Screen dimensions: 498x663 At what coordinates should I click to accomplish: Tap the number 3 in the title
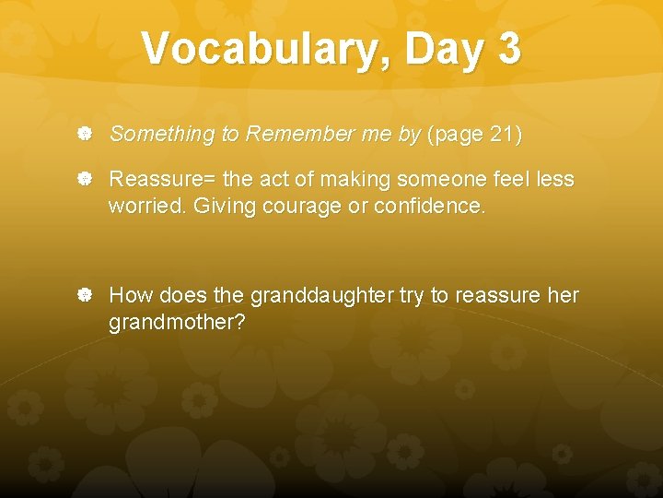(507, 48)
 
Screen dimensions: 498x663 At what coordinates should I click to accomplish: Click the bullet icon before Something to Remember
(84, 135)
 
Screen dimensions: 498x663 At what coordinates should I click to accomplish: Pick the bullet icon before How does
(84, 296)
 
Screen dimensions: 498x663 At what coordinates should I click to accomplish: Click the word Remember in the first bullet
(295, 135)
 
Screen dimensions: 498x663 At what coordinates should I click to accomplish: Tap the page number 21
(501, 135)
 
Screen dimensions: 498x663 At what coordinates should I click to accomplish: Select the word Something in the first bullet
(161, 135)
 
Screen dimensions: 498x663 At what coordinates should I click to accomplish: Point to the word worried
(146, 206)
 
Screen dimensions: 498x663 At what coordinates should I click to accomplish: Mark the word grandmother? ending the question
(177, 323)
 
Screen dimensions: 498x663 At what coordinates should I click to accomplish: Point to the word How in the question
(130, 296)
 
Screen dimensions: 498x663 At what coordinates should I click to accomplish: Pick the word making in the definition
(355, 180)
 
